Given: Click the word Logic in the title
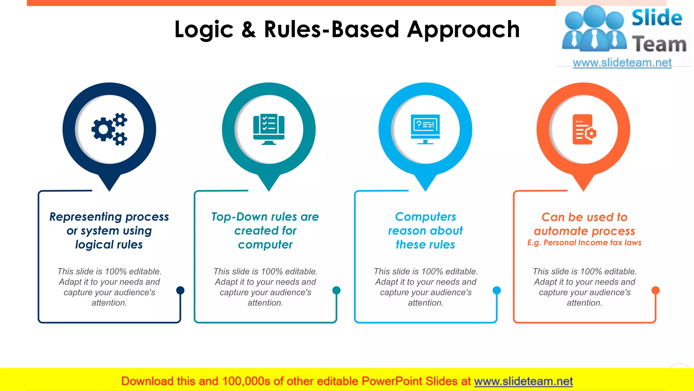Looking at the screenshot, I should click(x=204, y=30).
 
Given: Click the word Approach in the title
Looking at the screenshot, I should click(x=463, y=30).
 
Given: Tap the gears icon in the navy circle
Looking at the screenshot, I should click(x=109, y=129).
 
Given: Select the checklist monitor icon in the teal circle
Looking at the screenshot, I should click(x=269, y=129).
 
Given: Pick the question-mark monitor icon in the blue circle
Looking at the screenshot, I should click(x=425, y=129).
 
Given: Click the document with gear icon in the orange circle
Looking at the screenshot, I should click(x=584, y=129).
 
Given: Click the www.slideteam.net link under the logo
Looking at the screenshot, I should click(x=622, y=63).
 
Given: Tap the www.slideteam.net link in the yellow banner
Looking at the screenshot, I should click(x=523, y=381).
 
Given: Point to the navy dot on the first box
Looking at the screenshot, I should click(x=180, y=290).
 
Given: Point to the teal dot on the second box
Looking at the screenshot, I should click(x=336, y=290).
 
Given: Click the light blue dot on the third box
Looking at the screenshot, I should click(x=497, y=290).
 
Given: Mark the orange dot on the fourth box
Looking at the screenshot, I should click(x=656, y=290).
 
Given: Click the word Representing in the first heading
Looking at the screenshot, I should click(x=85, y=217).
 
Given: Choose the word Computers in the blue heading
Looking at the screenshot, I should click(x=425, y=217).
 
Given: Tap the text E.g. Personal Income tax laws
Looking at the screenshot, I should click(x=584, y=243).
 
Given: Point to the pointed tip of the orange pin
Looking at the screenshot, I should click(x=584, y=190).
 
